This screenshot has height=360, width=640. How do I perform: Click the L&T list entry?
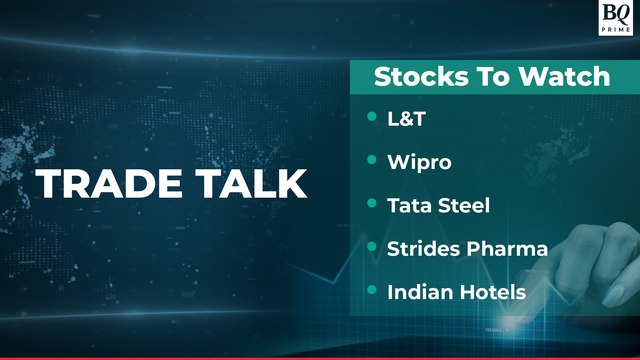coord(406,118)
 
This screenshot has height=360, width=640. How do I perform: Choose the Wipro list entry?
coord(417,161)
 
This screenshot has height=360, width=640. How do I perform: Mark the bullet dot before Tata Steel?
coord(372,205)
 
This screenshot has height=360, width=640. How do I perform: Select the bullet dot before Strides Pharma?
coord(372,248)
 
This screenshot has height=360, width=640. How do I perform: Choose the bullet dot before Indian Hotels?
coord(372,291)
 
